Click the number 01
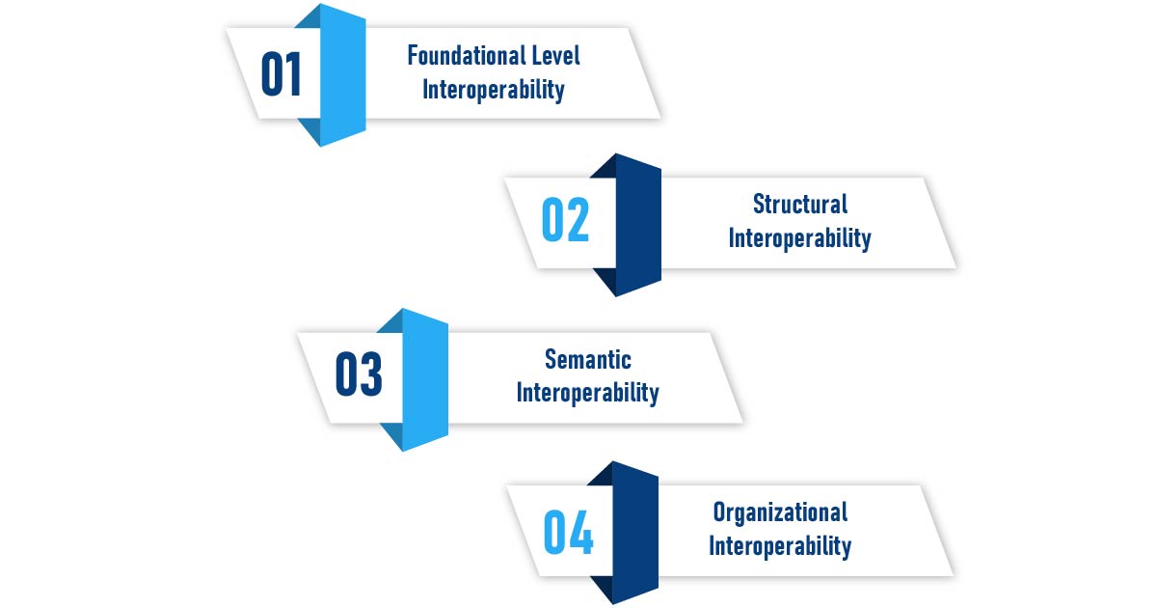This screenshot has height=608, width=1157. [x=282, y=74]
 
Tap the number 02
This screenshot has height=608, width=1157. [x=565, y=221]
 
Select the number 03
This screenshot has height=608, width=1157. [x=359, y=375]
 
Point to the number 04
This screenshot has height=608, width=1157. [x=568, y=532]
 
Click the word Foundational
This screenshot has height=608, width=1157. [x=461, y=56]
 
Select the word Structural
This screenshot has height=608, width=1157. [x=800, y=205]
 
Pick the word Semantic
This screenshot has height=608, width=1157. [x=588, y=360]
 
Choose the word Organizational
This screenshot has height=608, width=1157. [x=781, y=511]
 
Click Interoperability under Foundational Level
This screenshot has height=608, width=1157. [x=494, y=91]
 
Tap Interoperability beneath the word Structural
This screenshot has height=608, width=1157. [x=800, y=238]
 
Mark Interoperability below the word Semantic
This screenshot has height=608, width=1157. [x=588, y=394]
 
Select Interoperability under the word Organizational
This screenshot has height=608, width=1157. [x=781, y=546]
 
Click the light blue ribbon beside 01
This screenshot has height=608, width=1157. [x=342, y=74]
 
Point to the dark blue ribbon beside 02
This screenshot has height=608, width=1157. [x=637, y=224]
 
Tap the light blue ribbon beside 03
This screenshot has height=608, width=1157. [x=424, y=378]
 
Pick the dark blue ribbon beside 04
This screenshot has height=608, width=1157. [x=635, y=532]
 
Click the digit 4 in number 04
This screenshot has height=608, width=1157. [x=580, y=532]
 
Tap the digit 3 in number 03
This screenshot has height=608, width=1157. [x=371, y=375]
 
